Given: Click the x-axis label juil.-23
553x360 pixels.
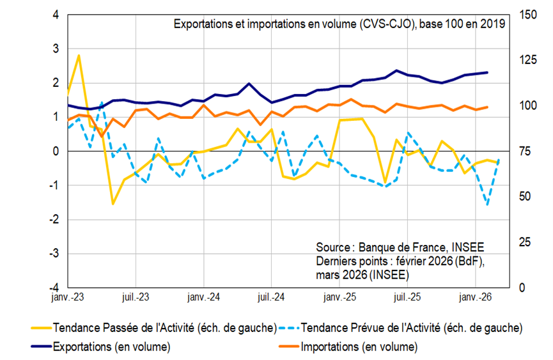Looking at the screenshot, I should tap(136, 297).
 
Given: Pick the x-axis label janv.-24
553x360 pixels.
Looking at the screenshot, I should tap(203, 297).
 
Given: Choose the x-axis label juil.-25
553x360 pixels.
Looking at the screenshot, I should tap(407, 297).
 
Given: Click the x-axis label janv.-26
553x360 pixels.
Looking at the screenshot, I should tap(474, 297).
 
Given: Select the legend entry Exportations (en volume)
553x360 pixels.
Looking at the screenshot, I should tap(113, 347).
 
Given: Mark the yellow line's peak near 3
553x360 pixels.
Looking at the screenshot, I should tap(79, 56).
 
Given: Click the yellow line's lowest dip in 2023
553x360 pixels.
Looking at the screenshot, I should tap(113, 203).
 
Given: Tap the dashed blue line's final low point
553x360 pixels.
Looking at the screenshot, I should tap(488, 204).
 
